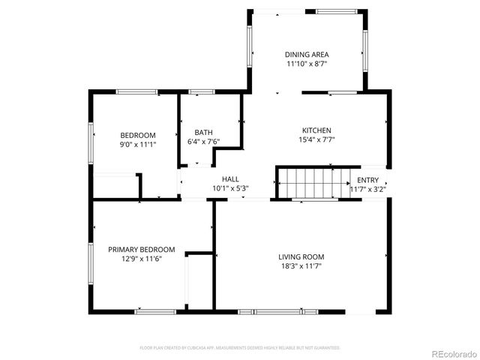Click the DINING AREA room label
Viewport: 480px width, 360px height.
pyautogui.click(x=307, y=55)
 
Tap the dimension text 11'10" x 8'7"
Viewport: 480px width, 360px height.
pyautogui.click(x=307, y=64)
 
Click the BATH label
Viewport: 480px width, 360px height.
pyautogui.click(x=202, y=132)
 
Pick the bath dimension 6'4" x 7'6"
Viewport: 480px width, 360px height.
pyautogui.click(x=202, y=141)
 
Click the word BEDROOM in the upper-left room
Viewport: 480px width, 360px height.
pyautogui.click(x=138, y=135)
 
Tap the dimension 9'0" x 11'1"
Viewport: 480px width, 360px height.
pyautogui.click(x=138, y=145)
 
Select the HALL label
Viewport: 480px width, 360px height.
pyautogui.click(x=230, y=178)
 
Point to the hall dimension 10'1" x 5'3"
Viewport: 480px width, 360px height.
pyautogui.click(x=230, y=188)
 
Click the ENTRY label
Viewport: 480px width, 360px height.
pyautogui.click(x=367, y=180)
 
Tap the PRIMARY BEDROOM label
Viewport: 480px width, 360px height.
pyautogui.click(x=141, y=249)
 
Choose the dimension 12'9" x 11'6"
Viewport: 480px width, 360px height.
pyautogui.click(x=141, y=259)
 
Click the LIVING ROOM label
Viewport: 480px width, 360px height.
pyautogui.click(x=302, y=256)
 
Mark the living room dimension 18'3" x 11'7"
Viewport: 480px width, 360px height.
pyautogui.click(x=302, y=266)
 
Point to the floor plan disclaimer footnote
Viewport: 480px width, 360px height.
pyautogui.click(x=240, y=348)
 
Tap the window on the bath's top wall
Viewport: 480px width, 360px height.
pyautogui.click(x=200, y=91)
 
